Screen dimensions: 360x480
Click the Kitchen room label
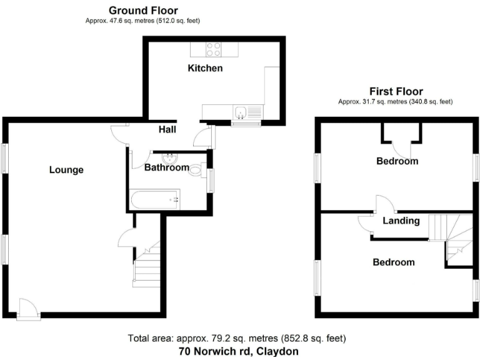(205, 67)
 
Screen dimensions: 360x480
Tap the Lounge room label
(66, 169)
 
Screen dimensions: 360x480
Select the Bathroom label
(167, 167)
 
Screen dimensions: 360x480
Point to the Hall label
(167, 129)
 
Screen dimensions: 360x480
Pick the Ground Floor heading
(143, 11)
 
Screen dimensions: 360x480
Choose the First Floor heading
(396, 91)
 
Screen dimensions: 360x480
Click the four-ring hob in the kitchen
(214, 48)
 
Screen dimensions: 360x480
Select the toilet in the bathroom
(197, 169)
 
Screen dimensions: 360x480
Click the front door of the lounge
(27, 308)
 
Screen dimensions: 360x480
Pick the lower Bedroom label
(393, 262)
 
